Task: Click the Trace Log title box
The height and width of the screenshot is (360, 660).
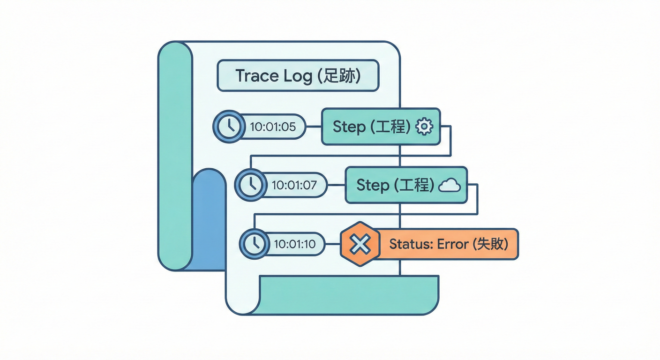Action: (x=298, y=75)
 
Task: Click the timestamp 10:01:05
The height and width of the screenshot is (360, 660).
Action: (x=273, y=127)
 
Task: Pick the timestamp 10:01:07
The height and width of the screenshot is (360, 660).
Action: (x=294, y=185)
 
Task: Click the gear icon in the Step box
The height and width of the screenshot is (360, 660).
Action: (x=425, y=127)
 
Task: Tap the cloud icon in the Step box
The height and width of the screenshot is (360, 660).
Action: (x=449, y=186)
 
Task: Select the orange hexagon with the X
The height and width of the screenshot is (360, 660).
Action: (x=360, y=244)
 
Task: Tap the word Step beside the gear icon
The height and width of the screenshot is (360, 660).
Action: (x=349, y=127)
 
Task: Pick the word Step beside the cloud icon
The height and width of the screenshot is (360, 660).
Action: (x=373, y=185)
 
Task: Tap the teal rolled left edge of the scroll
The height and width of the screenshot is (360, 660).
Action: (x=175, y=155)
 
